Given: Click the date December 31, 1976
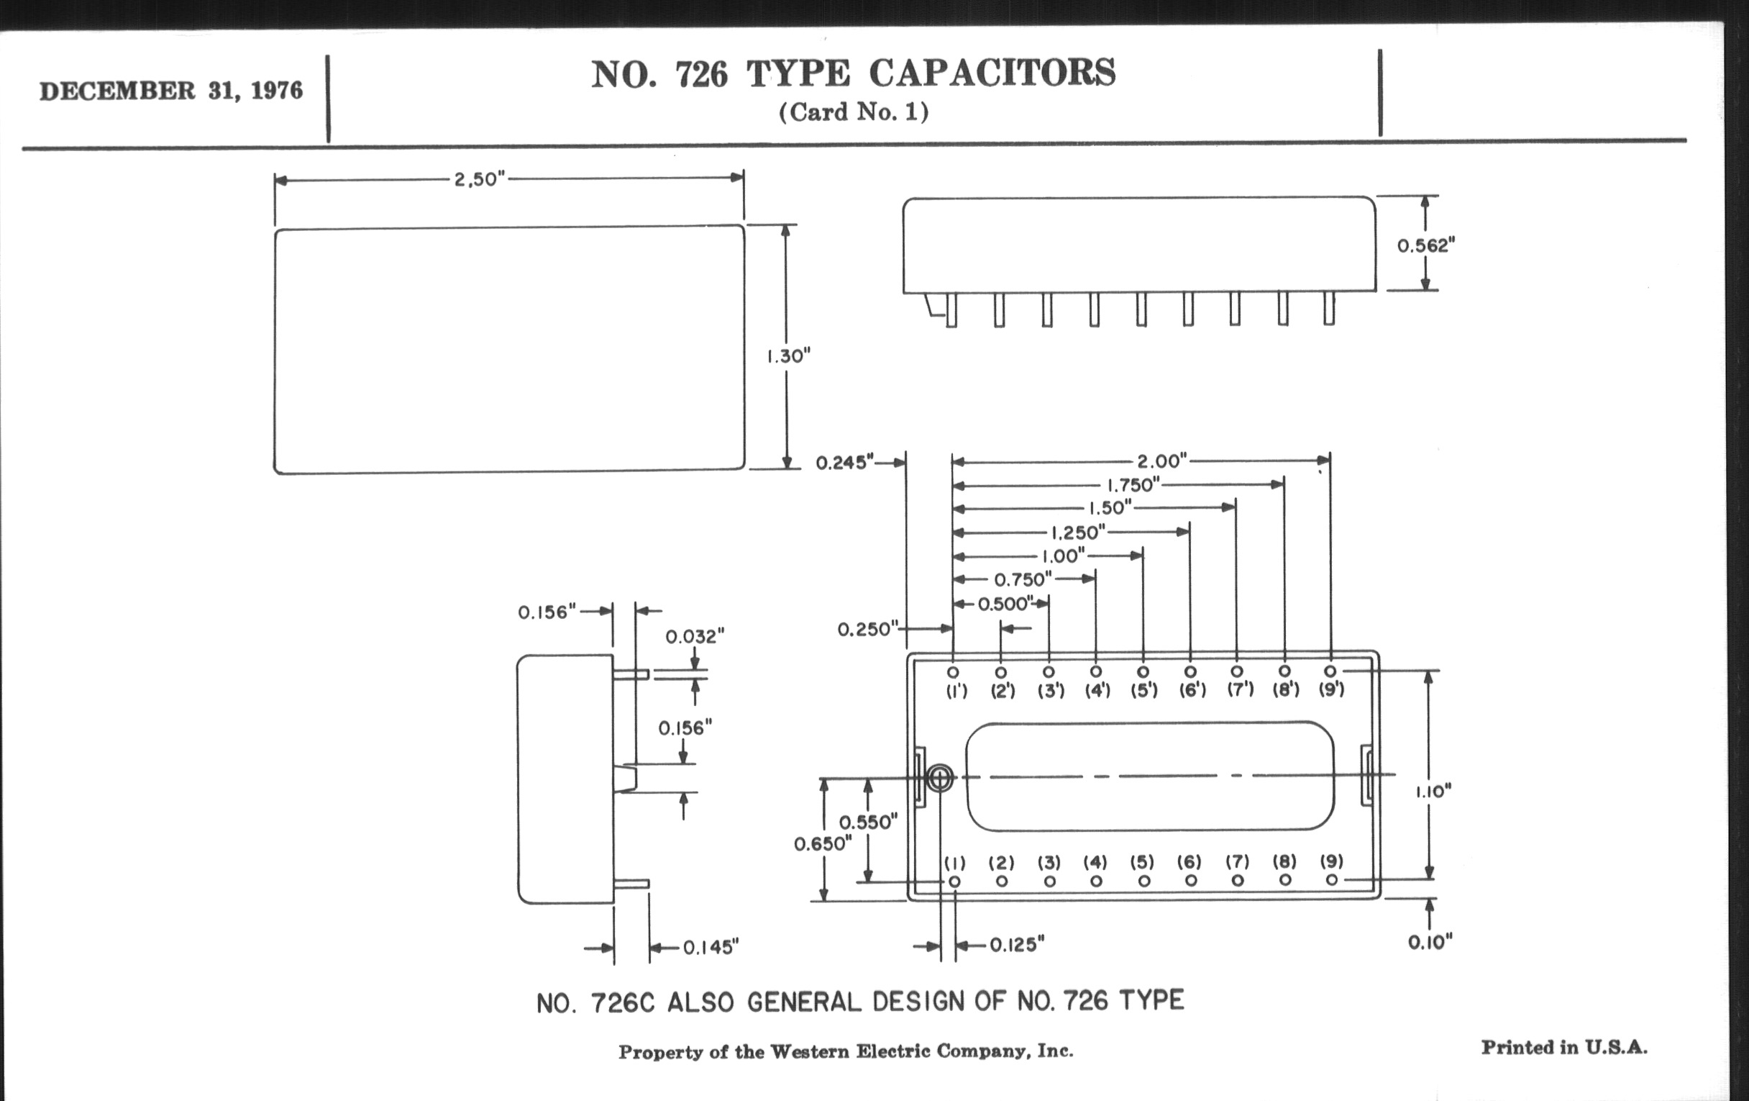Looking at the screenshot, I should point(170,91).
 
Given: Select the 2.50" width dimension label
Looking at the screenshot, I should point(480,178).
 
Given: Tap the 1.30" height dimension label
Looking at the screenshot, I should point(788,356).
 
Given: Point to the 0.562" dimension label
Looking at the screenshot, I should point(1427,245).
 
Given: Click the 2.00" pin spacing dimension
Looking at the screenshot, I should point(1162,461).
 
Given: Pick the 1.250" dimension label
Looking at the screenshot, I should point(1078,532).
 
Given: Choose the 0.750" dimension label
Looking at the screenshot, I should point(1023,579).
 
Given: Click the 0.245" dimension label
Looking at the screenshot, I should point(844,463).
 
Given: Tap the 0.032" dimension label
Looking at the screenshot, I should point(695,637).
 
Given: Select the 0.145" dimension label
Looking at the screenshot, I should point(711,947).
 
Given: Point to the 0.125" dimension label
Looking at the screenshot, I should point(1017,945).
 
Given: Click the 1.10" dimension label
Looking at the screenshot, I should point(1433,792).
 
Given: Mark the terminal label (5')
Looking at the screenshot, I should point(1144,689).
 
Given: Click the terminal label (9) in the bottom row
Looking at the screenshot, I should point(1331,861).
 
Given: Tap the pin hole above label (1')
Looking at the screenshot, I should point(953,672).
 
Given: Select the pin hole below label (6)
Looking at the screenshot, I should point(1191,880).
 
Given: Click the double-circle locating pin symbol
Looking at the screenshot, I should point(940,778).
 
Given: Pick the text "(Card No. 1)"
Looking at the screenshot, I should point(854,112).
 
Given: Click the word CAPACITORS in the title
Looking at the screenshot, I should point(992,73).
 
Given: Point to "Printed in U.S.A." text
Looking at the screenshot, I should point(1564,1047).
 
